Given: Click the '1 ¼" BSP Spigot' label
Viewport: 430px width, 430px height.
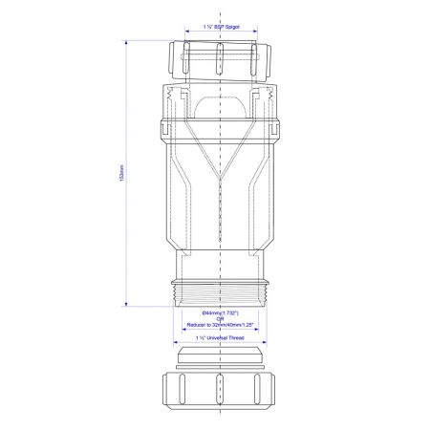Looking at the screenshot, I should point(221,31).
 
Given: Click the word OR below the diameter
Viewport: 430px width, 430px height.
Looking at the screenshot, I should point(220,320).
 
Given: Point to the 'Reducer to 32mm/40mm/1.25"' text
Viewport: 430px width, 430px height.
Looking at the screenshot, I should point(220,326).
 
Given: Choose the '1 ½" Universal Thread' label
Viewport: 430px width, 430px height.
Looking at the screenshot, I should point(220,338).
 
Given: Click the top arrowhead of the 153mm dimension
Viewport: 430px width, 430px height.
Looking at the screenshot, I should point(128,42).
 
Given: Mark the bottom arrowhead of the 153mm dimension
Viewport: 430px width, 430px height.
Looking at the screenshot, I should point(128,304).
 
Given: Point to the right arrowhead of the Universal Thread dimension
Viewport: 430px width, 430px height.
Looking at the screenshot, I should point(269,342).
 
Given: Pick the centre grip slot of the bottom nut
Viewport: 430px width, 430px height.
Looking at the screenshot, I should point(221,391).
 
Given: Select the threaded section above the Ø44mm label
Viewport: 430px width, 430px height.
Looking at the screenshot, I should point(221,290).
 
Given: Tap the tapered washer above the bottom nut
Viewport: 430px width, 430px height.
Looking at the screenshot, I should point(221,360).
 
